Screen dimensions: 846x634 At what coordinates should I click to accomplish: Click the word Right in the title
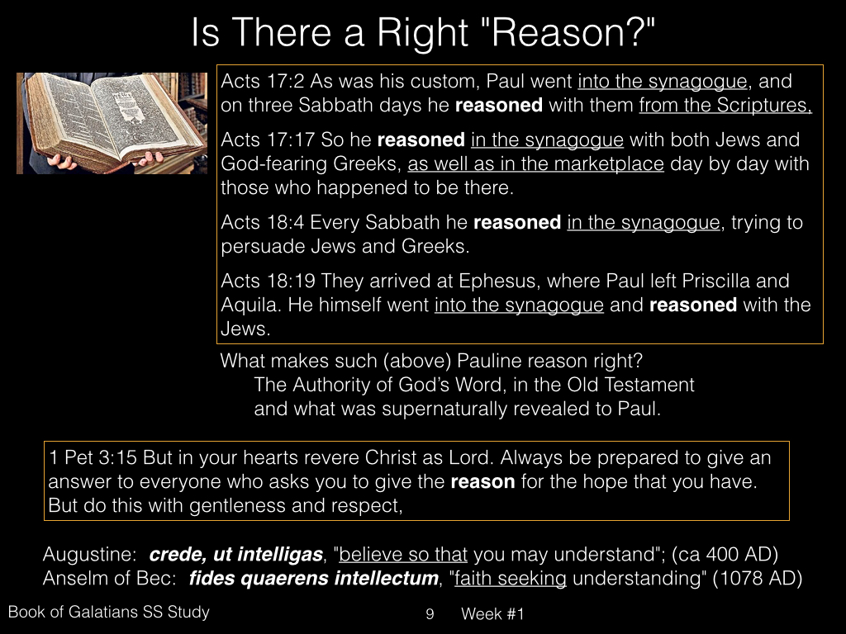(422, 33)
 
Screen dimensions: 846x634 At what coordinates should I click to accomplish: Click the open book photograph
(112, 123)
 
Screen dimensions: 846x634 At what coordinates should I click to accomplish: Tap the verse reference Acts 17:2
(263, 81)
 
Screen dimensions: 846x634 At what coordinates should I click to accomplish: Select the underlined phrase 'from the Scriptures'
(725, 105)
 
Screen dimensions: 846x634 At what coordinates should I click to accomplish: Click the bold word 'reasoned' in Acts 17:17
(421, 140)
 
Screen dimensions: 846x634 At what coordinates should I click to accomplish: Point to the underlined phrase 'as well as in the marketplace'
(535, 164)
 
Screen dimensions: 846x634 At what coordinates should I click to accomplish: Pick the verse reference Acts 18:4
(263, 223)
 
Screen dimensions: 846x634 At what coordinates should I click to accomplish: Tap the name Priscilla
(715, 281)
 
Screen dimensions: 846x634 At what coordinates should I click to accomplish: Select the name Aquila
(250, 305)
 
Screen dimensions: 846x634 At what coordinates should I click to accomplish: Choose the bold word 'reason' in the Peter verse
(482, 482)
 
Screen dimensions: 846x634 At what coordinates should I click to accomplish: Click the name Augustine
(89, 555)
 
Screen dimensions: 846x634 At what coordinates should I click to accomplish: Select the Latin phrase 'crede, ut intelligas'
(235, 555)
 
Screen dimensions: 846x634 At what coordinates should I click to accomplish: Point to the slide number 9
(430, 614)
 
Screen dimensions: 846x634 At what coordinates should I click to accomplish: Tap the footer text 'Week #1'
(492, 614)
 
